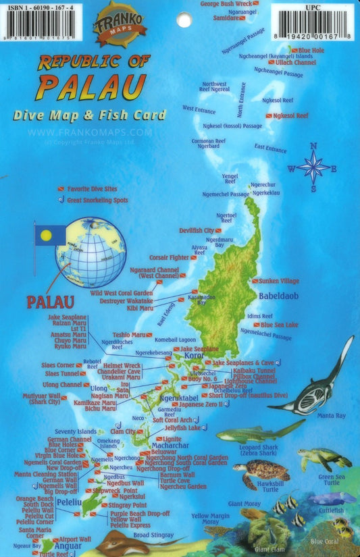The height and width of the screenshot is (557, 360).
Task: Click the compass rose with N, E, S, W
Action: pos(313,167)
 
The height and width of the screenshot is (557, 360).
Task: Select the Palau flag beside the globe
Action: pos(49,236)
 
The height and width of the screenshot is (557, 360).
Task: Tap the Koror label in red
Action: pos(194,355)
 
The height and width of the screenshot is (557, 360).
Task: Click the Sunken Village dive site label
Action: pos(279,280)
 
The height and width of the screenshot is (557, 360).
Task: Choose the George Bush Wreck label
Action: pos(226,4)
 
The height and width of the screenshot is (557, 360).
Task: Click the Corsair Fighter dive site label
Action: pos(169,257)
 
